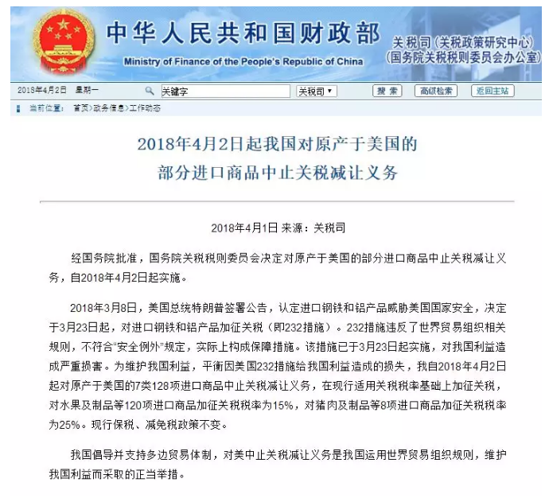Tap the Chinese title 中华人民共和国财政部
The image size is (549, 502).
(x=243, y=33)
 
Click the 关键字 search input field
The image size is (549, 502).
(x=224, y=91)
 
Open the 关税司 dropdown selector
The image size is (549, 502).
(x=316, y=91)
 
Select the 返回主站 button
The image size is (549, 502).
(x=493, y=91)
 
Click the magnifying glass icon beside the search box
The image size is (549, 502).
(x=150, y=91)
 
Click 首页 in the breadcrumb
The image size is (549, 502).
(x=80, y=108)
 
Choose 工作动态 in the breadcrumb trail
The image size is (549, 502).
(x=145, y=108)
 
